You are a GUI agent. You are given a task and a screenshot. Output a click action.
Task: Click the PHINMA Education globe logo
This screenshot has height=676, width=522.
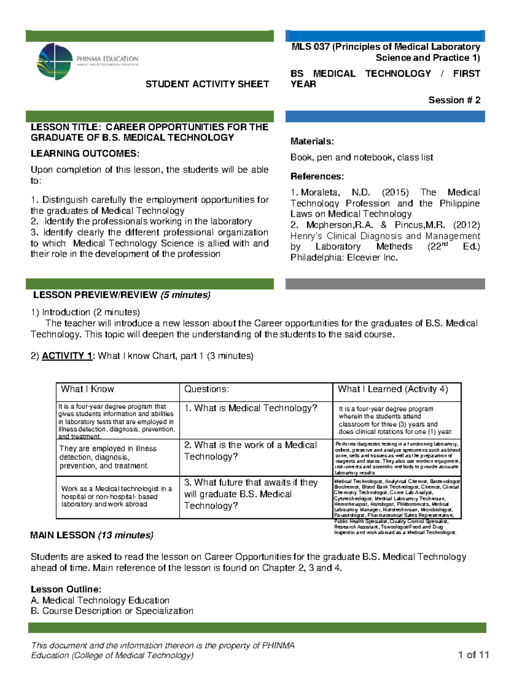coord(55,61)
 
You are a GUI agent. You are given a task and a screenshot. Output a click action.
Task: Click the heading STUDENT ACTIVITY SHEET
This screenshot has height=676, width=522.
coord(207,84)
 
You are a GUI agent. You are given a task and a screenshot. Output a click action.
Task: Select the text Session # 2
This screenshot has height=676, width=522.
coord(454,100)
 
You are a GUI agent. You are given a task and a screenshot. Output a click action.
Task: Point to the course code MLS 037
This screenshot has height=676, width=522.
coord(311,47)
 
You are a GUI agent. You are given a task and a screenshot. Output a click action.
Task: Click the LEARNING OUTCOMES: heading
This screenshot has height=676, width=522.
coord(85,154)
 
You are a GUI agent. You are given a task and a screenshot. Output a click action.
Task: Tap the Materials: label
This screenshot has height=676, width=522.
coord(312,141)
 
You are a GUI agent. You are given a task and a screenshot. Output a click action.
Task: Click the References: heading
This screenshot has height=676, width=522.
coord(317,176)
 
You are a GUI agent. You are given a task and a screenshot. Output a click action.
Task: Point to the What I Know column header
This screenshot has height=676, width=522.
coord(87,389)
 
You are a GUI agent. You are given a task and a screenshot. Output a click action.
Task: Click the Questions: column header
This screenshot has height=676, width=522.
coord(206,389)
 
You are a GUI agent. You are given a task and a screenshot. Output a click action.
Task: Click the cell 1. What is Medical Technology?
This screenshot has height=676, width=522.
coord(251,408)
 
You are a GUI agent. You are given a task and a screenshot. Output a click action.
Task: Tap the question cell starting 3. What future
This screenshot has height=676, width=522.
coord(251,494)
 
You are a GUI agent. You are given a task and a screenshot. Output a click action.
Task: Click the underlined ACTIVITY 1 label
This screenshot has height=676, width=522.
coord(67,356)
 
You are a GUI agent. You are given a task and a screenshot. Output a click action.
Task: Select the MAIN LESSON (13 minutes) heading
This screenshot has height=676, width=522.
coord(91,535)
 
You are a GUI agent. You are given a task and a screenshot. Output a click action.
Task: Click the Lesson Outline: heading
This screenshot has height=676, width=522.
coord(66,589)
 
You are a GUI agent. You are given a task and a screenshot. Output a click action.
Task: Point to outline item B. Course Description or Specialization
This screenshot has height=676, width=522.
coord(112,611)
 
